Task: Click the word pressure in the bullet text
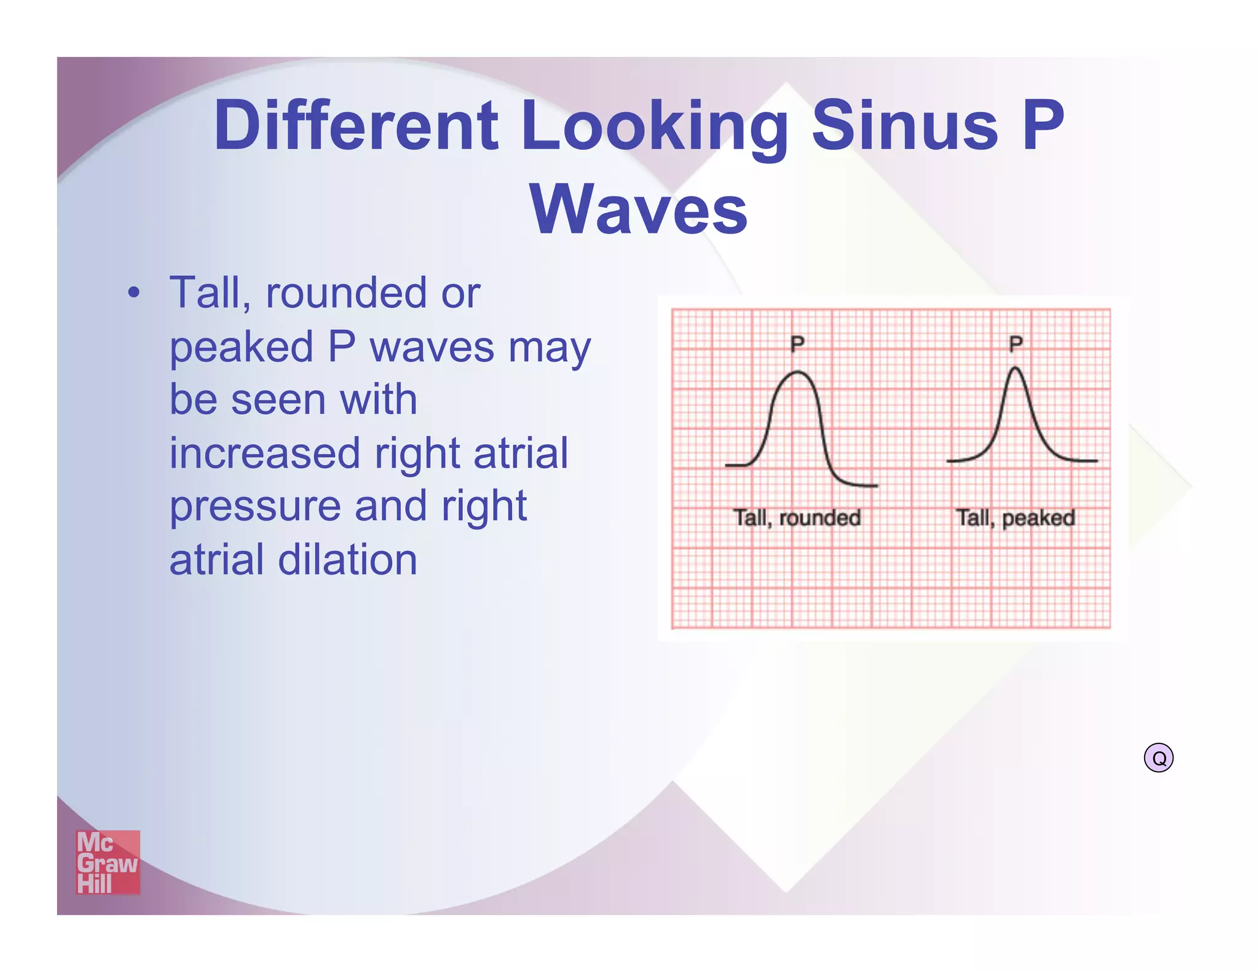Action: tap(255, 508)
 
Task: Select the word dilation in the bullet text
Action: tap(347, 560)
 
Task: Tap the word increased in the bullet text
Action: tap(264, 453)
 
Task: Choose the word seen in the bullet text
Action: tap(278, 400)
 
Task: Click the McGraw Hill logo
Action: tap(108, 862)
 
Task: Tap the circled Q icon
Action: tap(1158, 758)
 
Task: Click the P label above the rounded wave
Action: tap(797, 343)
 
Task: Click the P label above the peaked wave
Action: tap(1016, 343)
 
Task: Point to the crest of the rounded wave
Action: tap(797, 372)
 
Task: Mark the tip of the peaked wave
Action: tap(1016, 368)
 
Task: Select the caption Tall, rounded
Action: tap(797, 518)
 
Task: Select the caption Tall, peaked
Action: tap(1016, 518)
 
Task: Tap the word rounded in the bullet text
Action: tap(345, 293)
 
